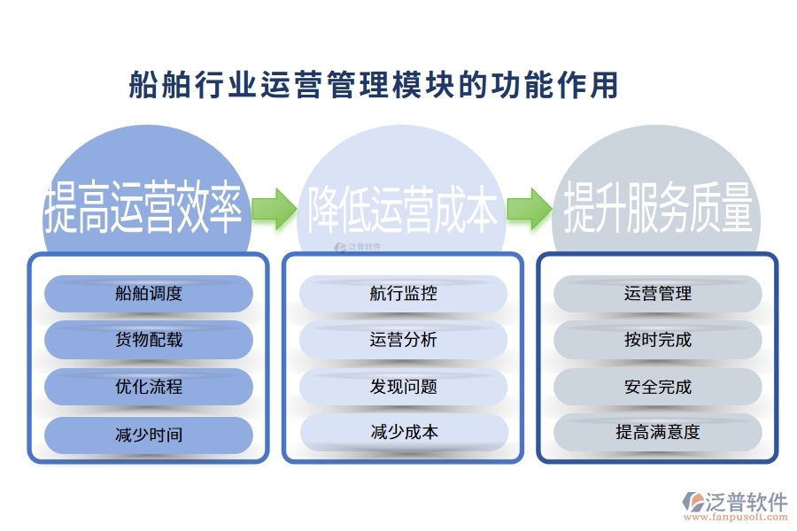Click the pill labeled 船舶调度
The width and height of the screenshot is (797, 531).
point(149,294)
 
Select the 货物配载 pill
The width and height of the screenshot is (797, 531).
point(149,340)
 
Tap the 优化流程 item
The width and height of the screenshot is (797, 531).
point(149,387)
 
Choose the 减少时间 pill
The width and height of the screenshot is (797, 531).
point(149,435)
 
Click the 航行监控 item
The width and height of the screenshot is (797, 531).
point(404,294)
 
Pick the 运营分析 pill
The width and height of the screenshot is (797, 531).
point(404,340)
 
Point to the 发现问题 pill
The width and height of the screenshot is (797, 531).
point(404,387)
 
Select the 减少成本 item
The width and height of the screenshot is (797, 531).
point(404,433)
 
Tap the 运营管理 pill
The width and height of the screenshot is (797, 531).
point(658,294)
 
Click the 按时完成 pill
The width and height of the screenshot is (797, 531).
point(658,340)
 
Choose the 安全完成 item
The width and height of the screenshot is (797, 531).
point(658,387)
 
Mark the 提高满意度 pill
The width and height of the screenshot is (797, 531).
point(658,432)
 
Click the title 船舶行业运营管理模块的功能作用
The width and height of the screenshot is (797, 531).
point(373,86)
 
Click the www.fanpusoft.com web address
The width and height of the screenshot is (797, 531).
point(743,519)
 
